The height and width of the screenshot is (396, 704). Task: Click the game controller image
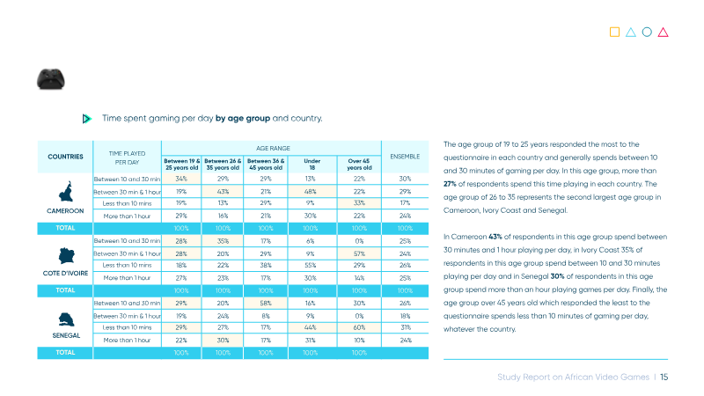coord(51,79)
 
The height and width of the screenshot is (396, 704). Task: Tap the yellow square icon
coord(614,32)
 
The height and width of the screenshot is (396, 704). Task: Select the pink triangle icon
coord(664,32)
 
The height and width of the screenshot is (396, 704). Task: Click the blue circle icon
coord(647,32)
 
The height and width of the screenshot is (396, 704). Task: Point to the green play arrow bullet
coord(86,119)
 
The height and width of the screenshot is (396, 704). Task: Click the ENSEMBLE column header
coord(405,157)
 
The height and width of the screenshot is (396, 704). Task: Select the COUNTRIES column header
coord(65,157)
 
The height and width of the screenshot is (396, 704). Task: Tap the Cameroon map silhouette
coord(65,192)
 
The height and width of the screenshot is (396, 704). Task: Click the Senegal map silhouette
coord(66,319)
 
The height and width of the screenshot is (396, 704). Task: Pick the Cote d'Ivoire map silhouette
coord(67,256)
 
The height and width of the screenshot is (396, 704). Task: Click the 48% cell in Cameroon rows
coord(311,192)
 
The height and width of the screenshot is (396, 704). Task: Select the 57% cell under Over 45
coord(359,253)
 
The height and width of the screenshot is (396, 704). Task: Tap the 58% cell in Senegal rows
coord(266,304)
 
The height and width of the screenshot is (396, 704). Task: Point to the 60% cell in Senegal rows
coord(359,327)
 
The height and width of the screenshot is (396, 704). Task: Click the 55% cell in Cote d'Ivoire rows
coord(311,266)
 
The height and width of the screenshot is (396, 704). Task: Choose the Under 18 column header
coord(312,165)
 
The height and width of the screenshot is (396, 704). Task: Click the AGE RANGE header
coord(273,148)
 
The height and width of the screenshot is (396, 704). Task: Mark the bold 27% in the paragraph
coord(450,184)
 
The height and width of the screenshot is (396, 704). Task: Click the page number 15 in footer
coord(664,378)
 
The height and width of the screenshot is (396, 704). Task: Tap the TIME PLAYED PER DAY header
coord(127,158)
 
